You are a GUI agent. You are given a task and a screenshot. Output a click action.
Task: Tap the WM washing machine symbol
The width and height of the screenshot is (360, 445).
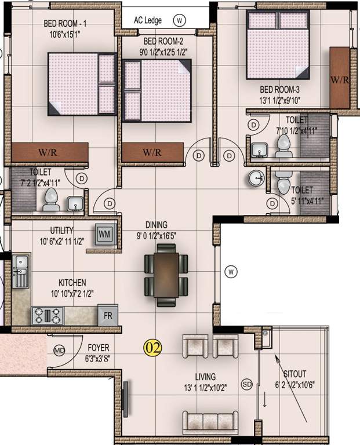tap(104, 234)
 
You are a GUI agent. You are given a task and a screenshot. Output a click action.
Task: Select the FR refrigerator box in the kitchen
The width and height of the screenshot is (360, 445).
tap(107, 316)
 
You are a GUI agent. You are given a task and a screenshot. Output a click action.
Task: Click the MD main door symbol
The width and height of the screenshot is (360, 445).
tap(59, 351)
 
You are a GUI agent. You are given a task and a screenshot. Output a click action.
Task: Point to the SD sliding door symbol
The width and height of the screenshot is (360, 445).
tap(247, 383)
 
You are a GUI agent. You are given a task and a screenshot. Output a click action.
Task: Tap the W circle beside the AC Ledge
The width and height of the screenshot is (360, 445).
tap(180, 20)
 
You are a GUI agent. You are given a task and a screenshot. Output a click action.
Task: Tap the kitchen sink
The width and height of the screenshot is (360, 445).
tap(20, 273)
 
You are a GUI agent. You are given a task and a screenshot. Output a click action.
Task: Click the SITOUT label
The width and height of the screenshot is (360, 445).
tap(296, 374)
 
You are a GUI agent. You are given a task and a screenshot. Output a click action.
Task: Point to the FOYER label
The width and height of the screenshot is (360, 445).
tap(99, 348)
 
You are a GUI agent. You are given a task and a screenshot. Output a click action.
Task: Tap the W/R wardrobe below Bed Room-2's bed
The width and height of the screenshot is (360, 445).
tap(152, 153)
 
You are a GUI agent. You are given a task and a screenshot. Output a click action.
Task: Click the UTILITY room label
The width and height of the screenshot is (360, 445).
tap(61, 229)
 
